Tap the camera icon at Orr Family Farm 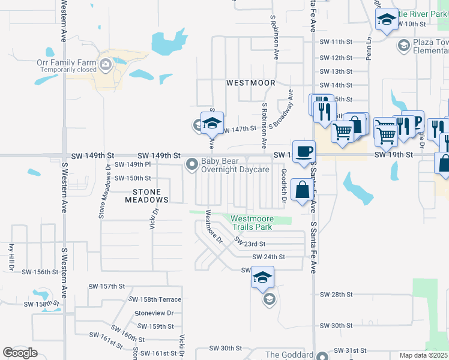point(106,64)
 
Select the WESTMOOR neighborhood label point(250,83)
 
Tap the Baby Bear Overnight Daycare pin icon point(192,164)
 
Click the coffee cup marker point(303,150)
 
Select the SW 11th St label point(336,42)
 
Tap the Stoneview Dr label point(154,313)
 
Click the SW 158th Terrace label point(155,299)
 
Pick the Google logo point(20,353)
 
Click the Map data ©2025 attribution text point(423,355)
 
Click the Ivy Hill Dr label point(11,257)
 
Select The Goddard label point(289,355)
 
